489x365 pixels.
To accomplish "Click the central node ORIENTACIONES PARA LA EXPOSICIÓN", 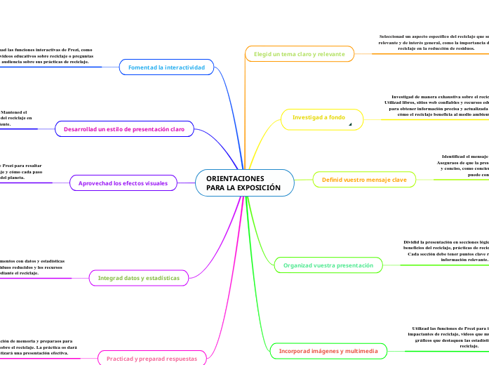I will [x=244, y=183].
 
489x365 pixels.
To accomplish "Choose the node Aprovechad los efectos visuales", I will [x=123, y=183].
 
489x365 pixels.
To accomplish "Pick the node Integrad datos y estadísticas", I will [x=138, y=278].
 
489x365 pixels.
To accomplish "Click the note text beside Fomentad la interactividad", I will [x=46, y=56].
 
